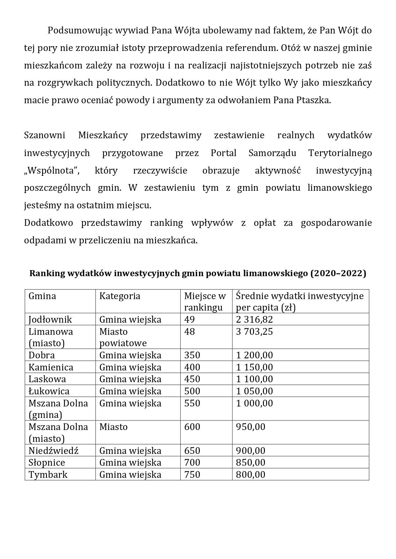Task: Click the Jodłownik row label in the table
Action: [x=50, y=319]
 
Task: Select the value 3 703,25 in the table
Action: [x=254, y=332]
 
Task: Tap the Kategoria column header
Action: [x=120, y=296]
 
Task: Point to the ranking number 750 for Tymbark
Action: [x=192, y=475]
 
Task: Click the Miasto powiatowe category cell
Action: [x=123, y=337]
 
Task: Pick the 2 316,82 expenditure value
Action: [x=254, y=319]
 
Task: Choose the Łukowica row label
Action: [x=49, y=391]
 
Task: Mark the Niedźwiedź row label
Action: [x=53, y=451]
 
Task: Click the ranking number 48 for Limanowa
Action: [x=189, y=332]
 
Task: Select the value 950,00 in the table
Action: [x=250, y=427]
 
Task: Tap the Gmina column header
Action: [x=42, y=296]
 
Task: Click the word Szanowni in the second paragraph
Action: [x=44, y=135]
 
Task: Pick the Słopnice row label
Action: [x=47, y=462]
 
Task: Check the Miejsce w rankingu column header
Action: [x=205, y=302]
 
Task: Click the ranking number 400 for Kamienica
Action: [x=192, y=367]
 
